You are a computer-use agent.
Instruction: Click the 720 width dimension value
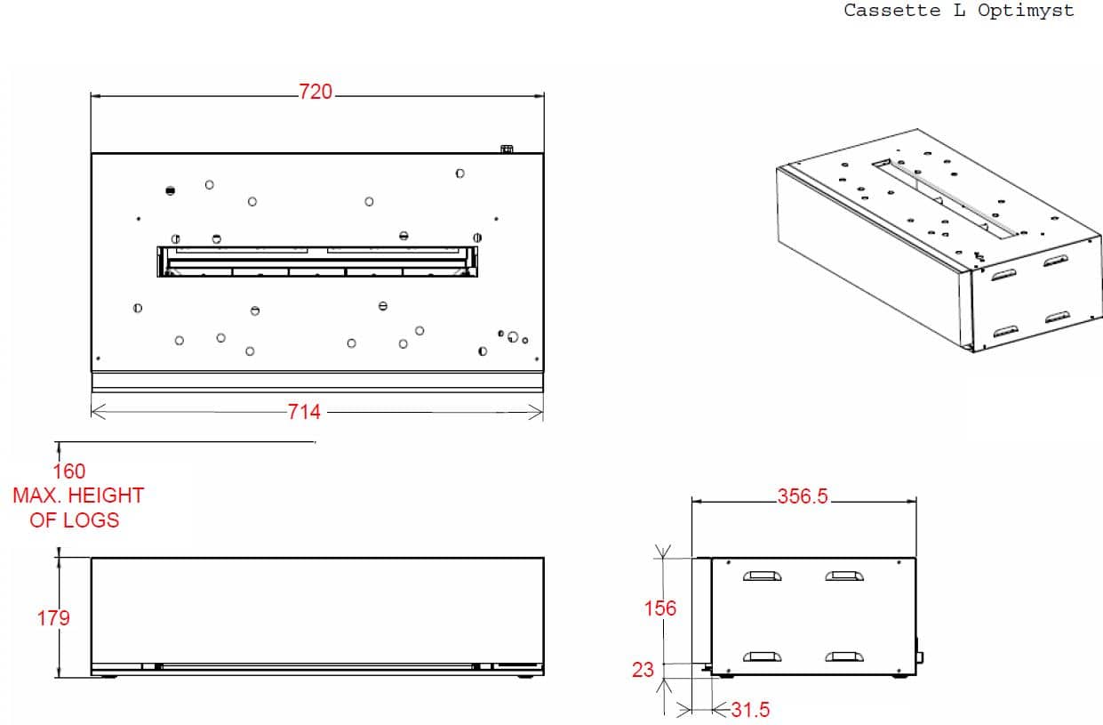(x=316, y=93)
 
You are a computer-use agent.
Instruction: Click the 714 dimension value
(x=304, y=412)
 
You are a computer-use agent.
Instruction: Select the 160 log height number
(x=69, y=471)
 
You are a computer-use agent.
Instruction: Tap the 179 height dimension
(x=53, y=618)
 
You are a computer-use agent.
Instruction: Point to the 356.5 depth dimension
(x=803, y=496)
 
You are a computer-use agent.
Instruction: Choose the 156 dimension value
(x=660, y=608)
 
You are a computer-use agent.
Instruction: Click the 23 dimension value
(x=643, y=670)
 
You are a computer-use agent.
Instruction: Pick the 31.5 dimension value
(x=750, y=710)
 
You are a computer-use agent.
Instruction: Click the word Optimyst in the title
(x=1026, y=12)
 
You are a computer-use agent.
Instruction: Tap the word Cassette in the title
(x=891, y=11)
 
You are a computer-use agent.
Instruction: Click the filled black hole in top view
(x=171, y=190)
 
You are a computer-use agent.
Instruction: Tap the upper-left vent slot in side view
(x=763, y=576)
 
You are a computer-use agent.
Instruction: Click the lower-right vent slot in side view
(x=844, y=657)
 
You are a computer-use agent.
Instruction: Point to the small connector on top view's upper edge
(x=507, y=149)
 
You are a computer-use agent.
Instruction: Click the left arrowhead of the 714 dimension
(x=99, y=412)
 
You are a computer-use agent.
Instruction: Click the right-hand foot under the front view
(x=526, y=677)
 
